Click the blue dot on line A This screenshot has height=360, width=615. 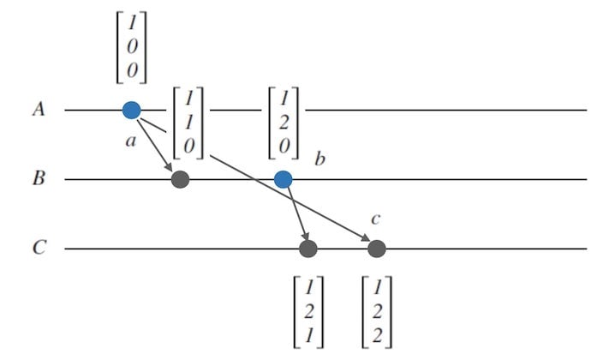131,110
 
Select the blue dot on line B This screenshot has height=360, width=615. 283,179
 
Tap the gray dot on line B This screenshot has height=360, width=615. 180,179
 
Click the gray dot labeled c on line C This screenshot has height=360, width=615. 376,249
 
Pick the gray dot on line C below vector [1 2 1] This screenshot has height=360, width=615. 308,249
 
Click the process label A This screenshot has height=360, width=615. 38,110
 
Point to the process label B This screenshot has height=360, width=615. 38,180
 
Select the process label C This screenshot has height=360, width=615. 38,249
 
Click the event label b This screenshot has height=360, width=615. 319,159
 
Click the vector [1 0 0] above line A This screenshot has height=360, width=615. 131,48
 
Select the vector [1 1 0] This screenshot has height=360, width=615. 188,122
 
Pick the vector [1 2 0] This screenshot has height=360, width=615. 284,122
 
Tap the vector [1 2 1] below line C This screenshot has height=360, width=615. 307,310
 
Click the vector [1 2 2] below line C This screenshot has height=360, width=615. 377,310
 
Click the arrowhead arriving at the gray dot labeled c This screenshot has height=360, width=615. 366,241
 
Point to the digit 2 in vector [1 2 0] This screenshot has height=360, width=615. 284,122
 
